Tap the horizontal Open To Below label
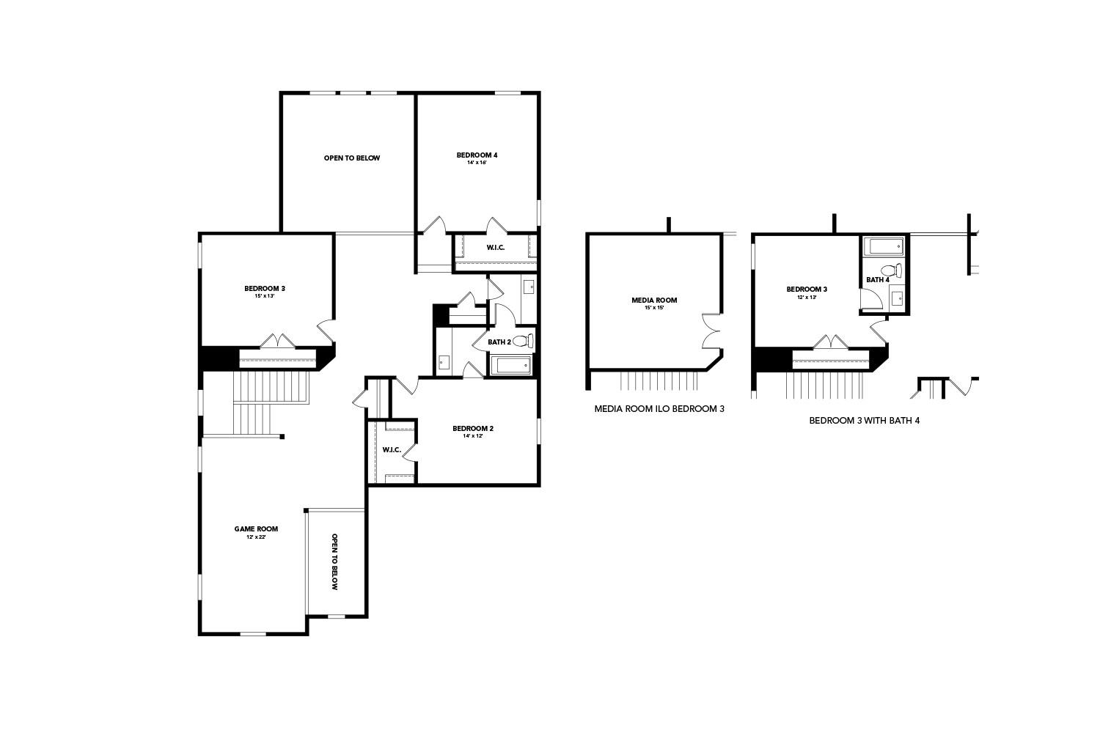(352, 158)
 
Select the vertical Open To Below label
(334, 561)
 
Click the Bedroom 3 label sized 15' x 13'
(265, 288)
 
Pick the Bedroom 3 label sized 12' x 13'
(807, 289)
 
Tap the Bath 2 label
(499, 342)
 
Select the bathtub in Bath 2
(513, 365)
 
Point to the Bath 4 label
(877, 279)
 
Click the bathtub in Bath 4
(884, 246)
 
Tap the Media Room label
(654, 300)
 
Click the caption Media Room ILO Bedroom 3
(659, 409)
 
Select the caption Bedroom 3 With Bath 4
(864, 421)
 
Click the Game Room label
(256, 528)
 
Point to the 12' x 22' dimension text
(256, 537)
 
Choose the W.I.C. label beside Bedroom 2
(392, 449)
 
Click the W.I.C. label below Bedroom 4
(496, 247)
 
